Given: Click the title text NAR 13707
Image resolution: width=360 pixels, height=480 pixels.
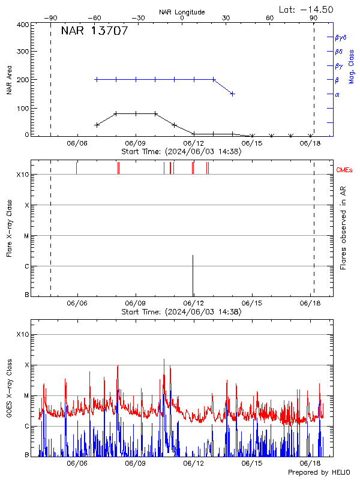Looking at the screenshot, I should pos(94,32).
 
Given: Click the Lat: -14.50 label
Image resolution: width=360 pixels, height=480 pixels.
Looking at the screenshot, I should pos(307,9).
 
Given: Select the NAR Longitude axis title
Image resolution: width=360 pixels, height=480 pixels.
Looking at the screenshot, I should pos(182,12).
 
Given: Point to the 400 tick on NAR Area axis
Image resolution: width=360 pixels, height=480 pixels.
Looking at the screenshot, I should pos(23,25).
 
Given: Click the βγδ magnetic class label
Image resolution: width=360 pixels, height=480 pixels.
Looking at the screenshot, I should pos(340,37).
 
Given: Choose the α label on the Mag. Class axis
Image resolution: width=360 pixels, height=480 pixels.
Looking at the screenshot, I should pos(337,94).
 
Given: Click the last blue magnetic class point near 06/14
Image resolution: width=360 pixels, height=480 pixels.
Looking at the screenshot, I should pos(232,94).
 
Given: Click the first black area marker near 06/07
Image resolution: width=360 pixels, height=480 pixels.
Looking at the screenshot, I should pos(97,125).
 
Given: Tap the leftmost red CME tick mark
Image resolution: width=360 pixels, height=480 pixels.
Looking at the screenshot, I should pos(77,167).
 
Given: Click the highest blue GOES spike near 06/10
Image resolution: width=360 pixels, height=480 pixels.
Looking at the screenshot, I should pos(164,360).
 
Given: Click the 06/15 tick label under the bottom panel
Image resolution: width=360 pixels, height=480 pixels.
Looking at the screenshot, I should pos(252,463).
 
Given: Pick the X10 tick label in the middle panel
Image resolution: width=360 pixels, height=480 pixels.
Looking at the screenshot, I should pos(23,175).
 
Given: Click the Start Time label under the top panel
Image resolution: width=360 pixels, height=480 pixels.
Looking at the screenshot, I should pos(181,152).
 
